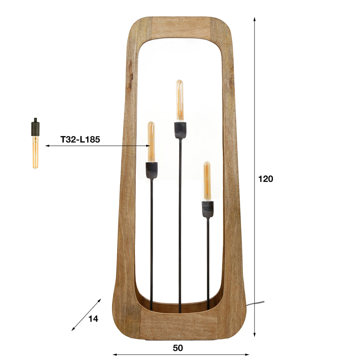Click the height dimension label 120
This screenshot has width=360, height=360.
[265, 179]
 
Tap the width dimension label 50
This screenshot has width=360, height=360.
[178, 348]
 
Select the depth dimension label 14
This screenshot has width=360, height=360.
[93, 319]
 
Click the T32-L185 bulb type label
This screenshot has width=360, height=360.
[80, 139]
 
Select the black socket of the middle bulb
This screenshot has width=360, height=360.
[180, 130]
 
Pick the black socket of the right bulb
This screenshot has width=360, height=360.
[208, 209]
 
